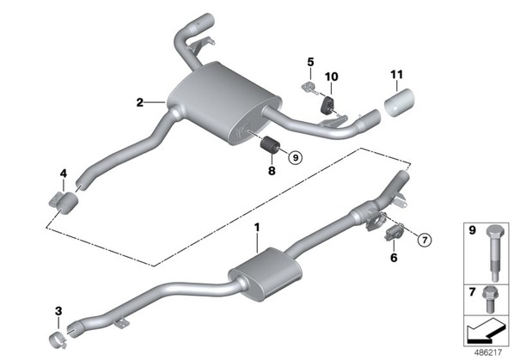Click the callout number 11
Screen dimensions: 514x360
coord(396,75)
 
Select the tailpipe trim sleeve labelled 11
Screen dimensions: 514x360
coord(399,102)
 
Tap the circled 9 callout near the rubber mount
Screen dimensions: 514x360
coord(296,158)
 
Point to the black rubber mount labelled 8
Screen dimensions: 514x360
coord(271,145)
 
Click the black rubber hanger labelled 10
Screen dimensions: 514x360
coord(327,106)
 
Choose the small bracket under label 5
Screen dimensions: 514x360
coord(309,88)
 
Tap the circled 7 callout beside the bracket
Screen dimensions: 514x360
coord(425,241)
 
